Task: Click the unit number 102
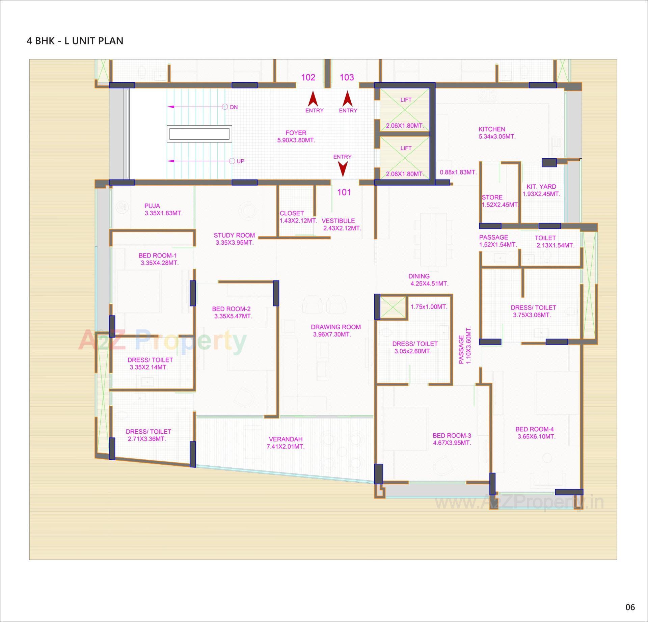[308, 78]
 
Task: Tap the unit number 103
[347, 78]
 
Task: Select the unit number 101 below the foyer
[344, 192]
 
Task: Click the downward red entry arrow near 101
[343, 169]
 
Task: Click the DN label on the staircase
[234, 107]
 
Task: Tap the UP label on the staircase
[240, 161]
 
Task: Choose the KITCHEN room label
[492, 129]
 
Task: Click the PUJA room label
[152, 206]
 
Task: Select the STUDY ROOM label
[234, 235]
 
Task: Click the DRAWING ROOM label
[335, 327]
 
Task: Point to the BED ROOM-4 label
[534, 429]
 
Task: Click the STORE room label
[492, 197]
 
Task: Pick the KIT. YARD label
[541, 187]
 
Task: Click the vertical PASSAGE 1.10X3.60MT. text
[464, 345]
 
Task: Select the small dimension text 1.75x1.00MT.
[429, 307]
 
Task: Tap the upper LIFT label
[406, 100]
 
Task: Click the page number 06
[630, 607]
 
